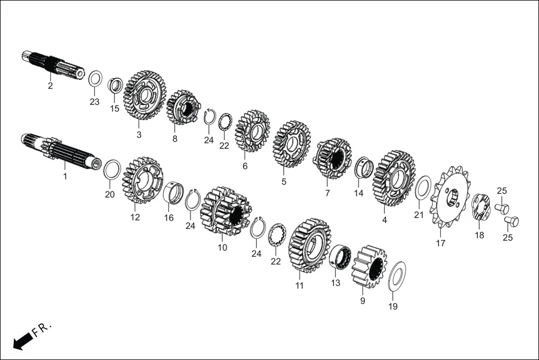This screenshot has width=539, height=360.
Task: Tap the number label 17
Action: point(441,243)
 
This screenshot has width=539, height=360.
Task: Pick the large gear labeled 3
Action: point(144,95)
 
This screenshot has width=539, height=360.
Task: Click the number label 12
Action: point(135,217)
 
